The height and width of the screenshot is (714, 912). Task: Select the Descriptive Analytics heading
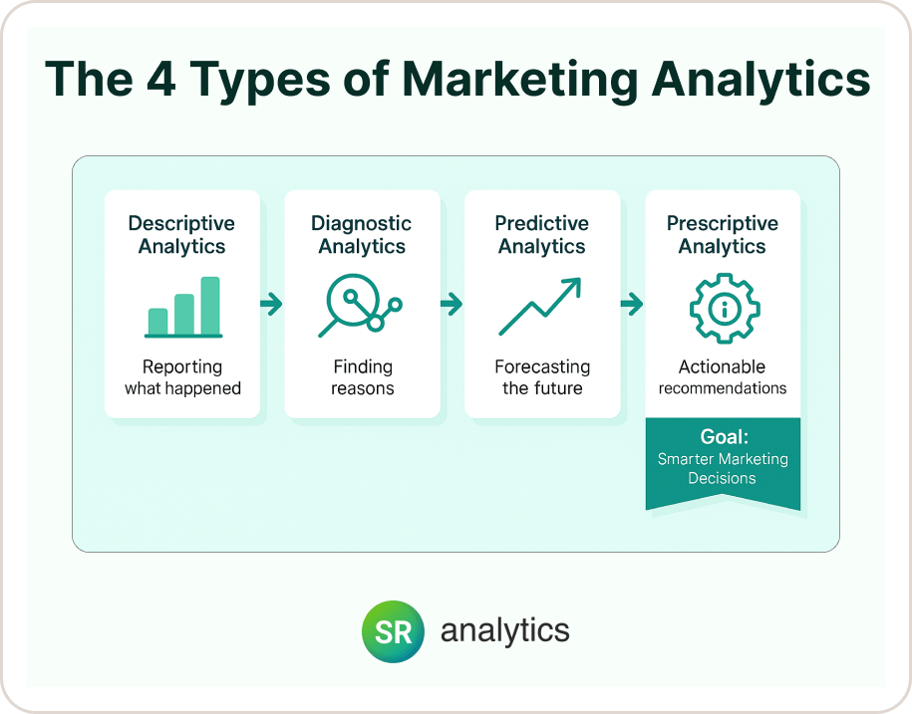182,235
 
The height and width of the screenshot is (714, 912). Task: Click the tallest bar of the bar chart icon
210,306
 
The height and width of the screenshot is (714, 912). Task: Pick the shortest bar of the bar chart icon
157,321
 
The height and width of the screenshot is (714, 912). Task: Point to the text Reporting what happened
182,377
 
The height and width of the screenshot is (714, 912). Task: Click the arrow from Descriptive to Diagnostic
271,305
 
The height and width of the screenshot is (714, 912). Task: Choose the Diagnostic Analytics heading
362,235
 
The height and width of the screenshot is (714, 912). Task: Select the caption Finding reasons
362,377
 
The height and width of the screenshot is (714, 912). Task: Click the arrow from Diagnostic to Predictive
452,305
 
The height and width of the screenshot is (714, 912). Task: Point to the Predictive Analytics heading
542,235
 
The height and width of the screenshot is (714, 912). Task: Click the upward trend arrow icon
540,306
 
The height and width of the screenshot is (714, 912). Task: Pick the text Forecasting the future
542,377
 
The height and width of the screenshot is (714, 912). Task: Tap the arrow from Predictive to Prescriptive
631,305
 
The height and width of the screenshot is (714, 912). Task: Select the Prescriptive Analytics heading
723,235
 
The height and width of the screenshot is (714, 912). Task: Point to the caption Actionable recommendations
723,377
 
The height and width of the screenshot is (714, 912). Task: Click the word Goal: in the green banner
723,436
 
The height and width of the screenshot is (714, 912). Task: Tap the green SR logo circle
393,631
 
